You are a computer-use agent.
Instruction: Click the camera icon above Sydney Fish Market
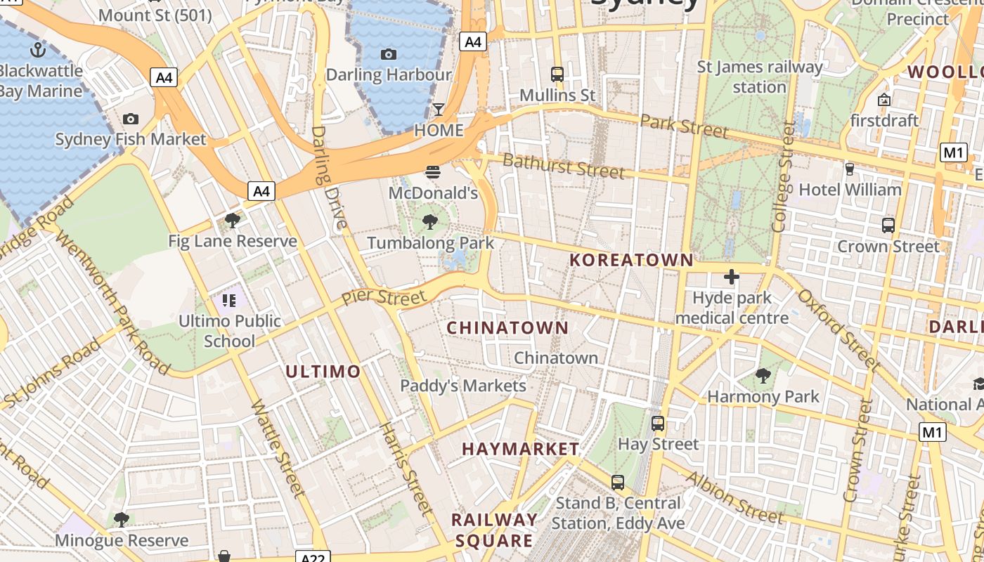(x=130, y=119)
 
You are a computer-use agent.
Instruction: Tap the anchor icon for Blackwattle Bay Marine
(x=38, y=50)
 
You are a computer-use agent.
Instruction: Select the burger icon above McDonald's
(x=432, y=171)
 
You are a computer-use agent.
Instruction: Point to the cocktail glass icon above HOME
(x=439, y=109)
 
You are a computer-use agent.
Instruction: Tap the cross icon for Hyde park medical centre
(x=732, y=277)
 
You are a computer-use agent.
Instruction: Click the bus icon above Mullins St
(x=557, y=74)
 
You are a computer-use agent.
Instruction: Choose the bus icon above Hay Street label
(x=658, y=424)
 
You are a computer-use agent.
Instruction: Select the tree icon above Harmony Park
(x=763, y=376)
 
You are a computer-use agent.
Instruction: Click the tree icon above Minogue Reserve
(x=122, y=520)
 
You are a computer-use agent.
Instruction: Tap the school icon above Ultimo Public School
(x=229, y=301)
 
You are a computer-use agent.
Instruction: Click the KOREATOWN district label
(x=631, y=260)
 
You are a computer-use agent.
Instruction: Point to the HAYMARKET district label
(x=520, y=449)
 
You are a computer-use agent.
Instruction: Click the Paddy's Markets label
(x=463, y=386)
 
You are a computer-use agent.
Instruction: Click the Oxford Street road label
(x=839, y=329)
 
